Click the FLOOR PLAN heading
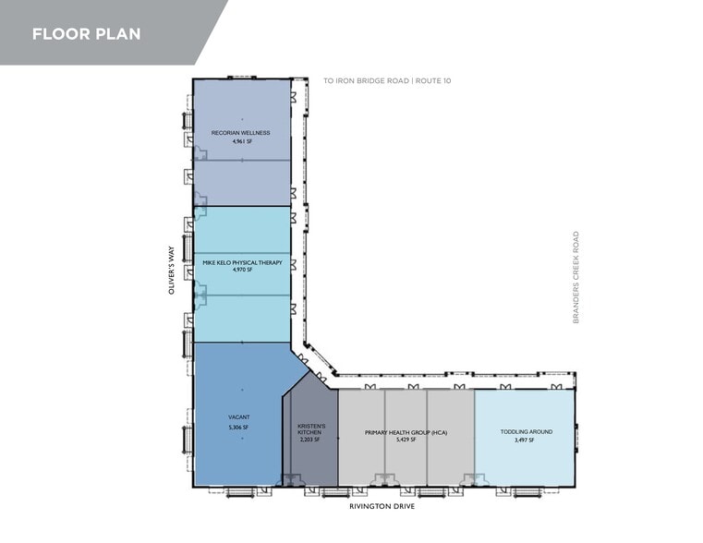click(x=87, y=34)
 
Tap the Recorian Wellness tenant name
click(x=241, y=133)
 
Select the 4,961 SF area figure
click(x=242, y=141)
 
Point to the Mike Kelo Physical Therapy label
click(x=243, y=262)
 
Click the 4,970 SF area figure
click(x=242, y=270)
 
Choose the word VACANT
click(x=239, y=417)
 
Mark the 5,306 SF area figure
click(x=238, y=428)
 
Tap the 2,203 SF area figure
click(x=309, y=440)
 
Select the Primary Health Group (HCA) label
click(x=406, y=433)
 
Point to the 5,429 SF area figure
click(x=406, y=440)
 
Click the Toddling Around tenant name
click(x=527, y=432)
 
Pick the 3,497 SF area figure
click(x=525, y=440)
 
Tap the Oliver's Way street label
click(x=171, y=271)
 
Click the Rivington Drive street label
click(x=382, y=506)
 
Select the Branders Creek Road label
click(x=576, y=277)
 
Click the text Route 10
click(x=433, y=80)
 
